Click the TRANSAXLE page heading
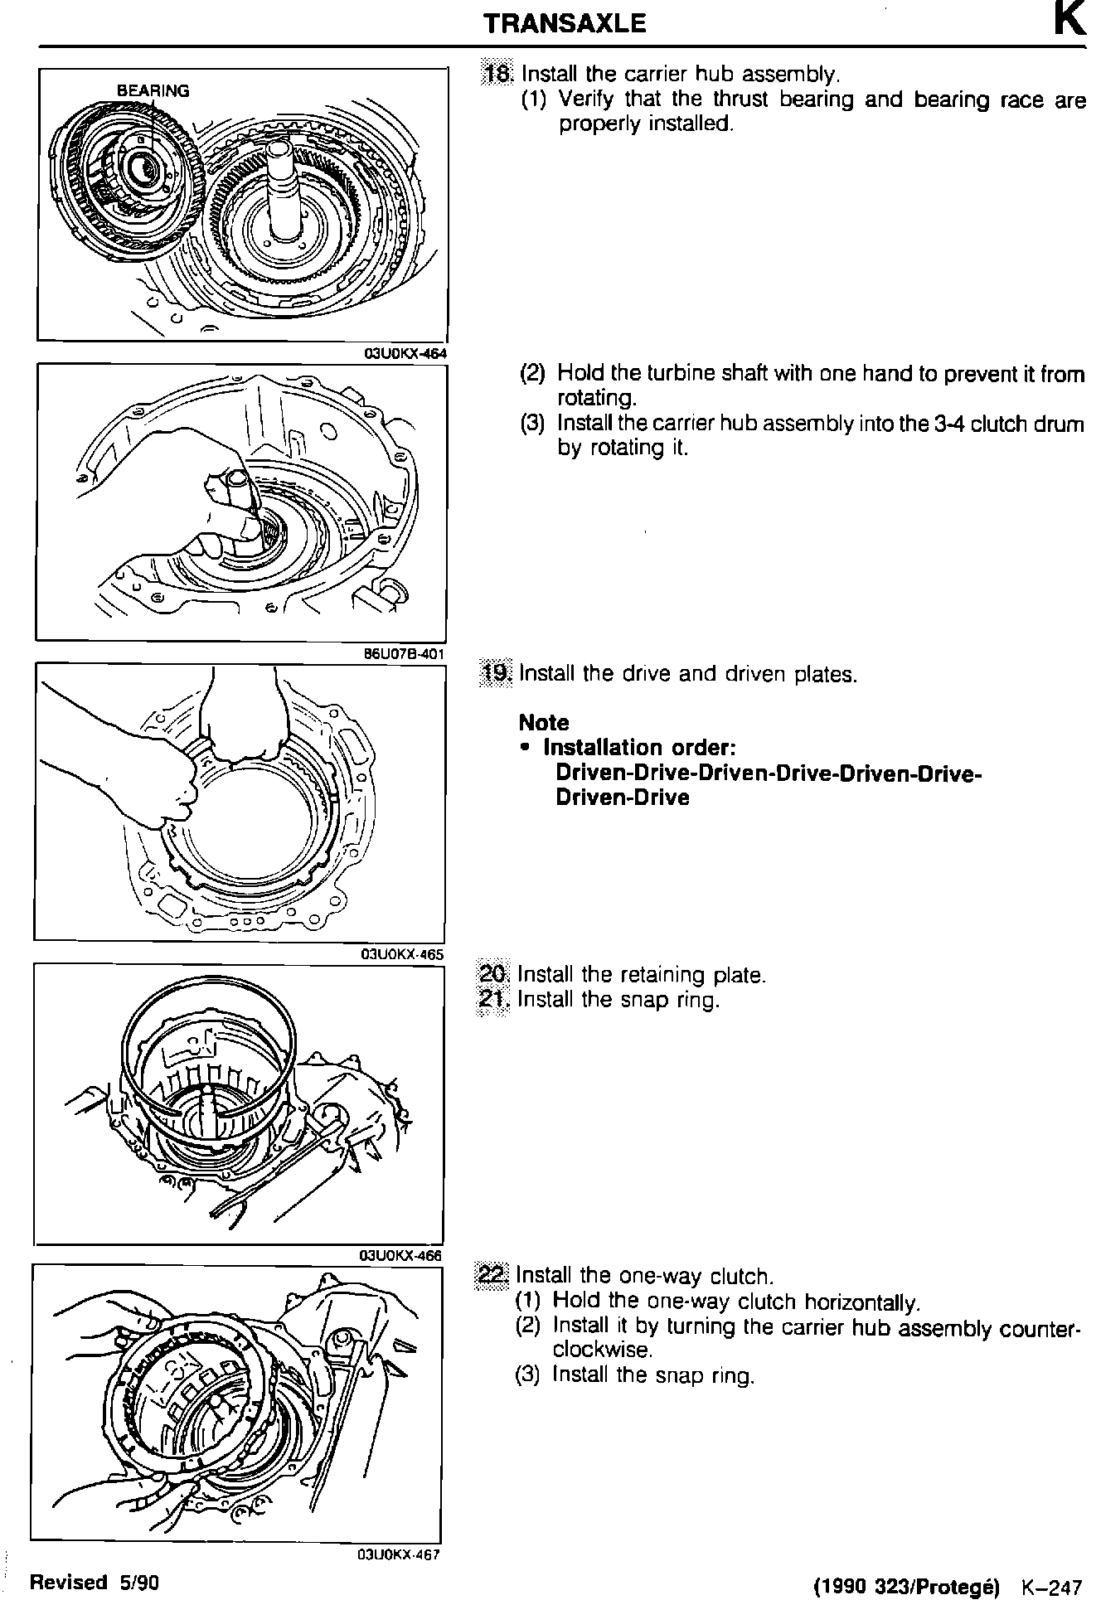[x=565, y=23]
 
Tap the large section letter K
[x=1069, y=21]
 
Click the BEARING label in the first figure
[x=153, y=91]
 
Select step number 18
[x=499, y=75]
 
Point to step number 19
[x=497, y=673]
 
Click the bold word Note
[x=544, y=723]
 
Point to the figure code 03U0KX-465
[x=402, y=954]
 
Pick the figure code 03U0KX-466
[x=400, y=1255]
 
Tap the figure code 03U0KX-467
[x=398, y=1554]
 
